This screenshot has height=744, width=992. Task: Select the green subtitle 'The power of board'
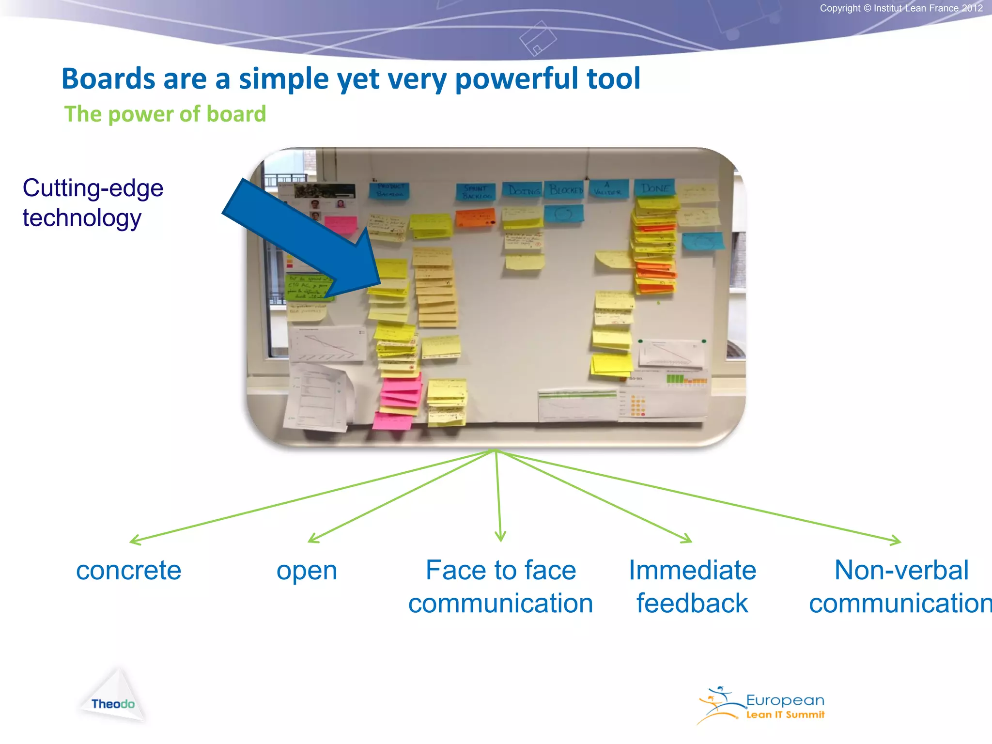click(165, 114)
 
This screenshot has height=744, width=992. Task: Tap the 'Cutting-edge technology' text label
click(93, 202)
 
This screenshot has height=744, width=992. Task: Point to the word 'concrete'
click(129, 571)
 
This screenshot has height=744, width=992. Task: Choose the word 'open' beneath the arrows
click(307, 571)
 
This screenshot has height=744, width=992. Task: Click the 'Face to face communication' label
click(500, 587)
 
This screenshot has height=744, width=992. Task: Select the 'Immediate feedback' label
click(692, 587)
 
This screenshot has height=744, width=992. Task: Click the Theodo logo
click(113, 697)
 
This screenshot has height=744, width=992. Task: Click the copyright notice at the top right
click(901, 8)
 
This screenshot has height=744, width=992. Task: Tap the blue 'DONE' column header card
click(655, 188)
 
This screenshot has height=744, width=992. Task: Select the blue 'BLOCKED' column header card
click(565, 190)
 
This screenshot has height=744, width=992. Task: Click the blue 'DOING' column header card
click(523, 190)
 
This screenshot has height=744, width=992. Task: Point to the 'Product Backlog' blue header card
click(390, 190)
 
